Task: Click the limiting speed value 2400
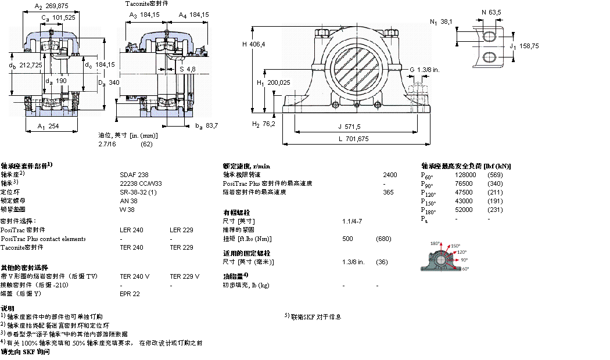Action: click(x=390, y=174)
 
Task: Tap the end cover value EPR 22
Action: click(x=130, y=294)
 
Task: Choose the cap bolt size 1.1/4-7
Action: click(x=352, y=221)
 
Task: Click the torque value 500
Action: click(x=347, y=239)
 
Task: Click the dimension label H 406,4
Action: click(x=253, y=44)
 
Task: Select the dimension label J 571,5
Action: click(x=349, y=127)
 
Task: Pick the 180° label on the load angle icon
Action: click(x=435, y=243)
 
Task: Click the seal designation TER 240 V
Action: click(x=134, y=276)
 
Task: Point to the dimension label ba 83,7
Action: click(x=206, y=125)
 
